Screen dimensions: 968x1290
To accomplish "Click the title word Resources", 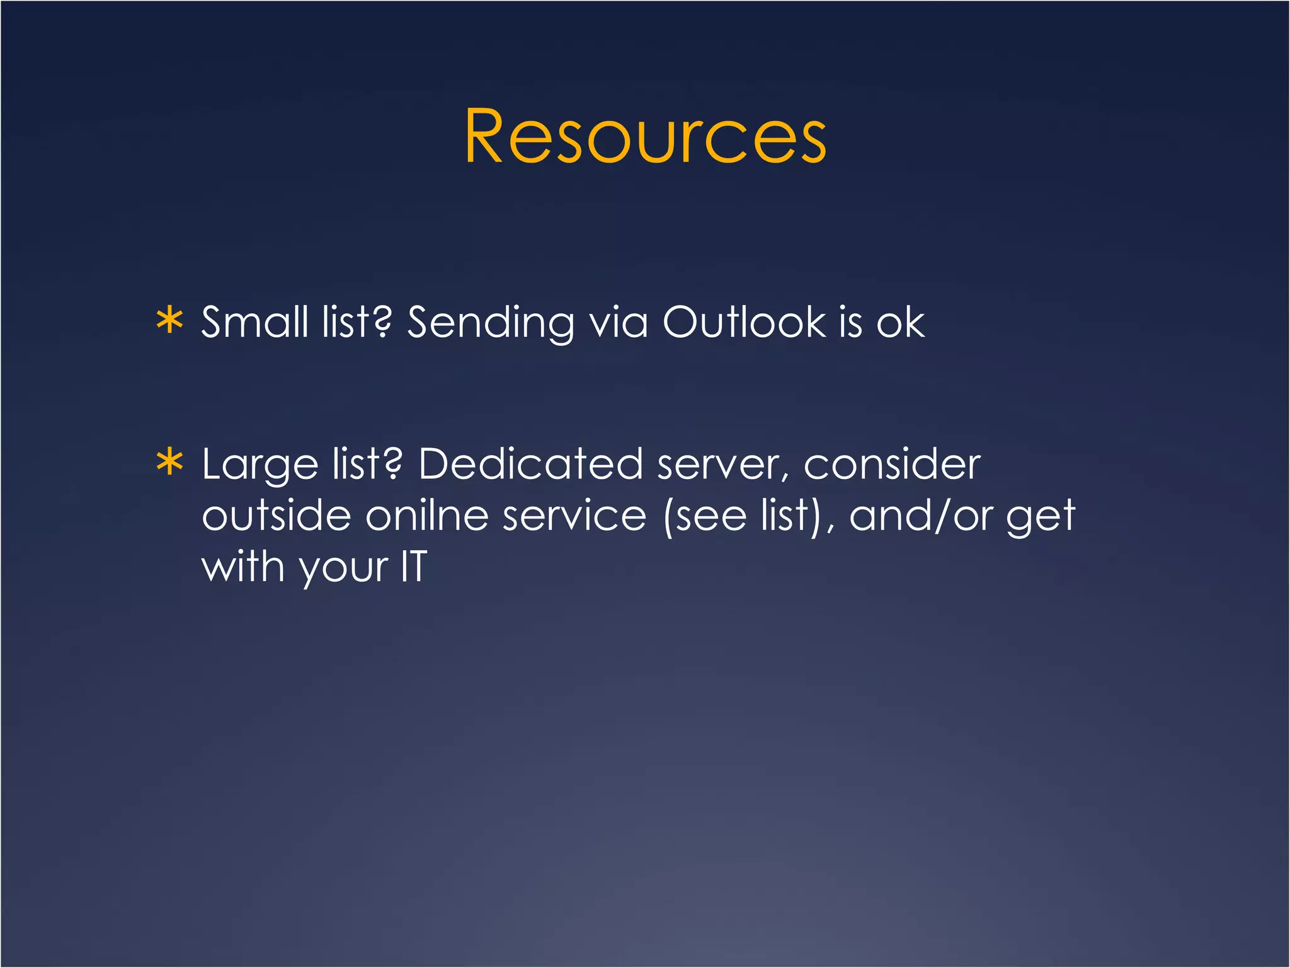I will point(645,136).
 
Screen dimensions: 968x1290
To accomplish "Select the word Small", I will point(254,322).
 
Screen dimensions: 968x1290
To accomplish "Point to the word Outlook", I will point(743,322).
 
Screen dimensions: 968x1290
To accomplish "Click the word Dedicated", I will point(530,464).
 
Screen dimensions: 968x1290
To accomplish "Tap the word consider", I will point(892,464).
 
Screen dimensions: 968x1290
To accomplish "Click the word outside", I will point(276,516).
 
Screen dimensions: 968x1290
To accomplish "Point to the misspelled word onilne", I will point(427,516).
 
